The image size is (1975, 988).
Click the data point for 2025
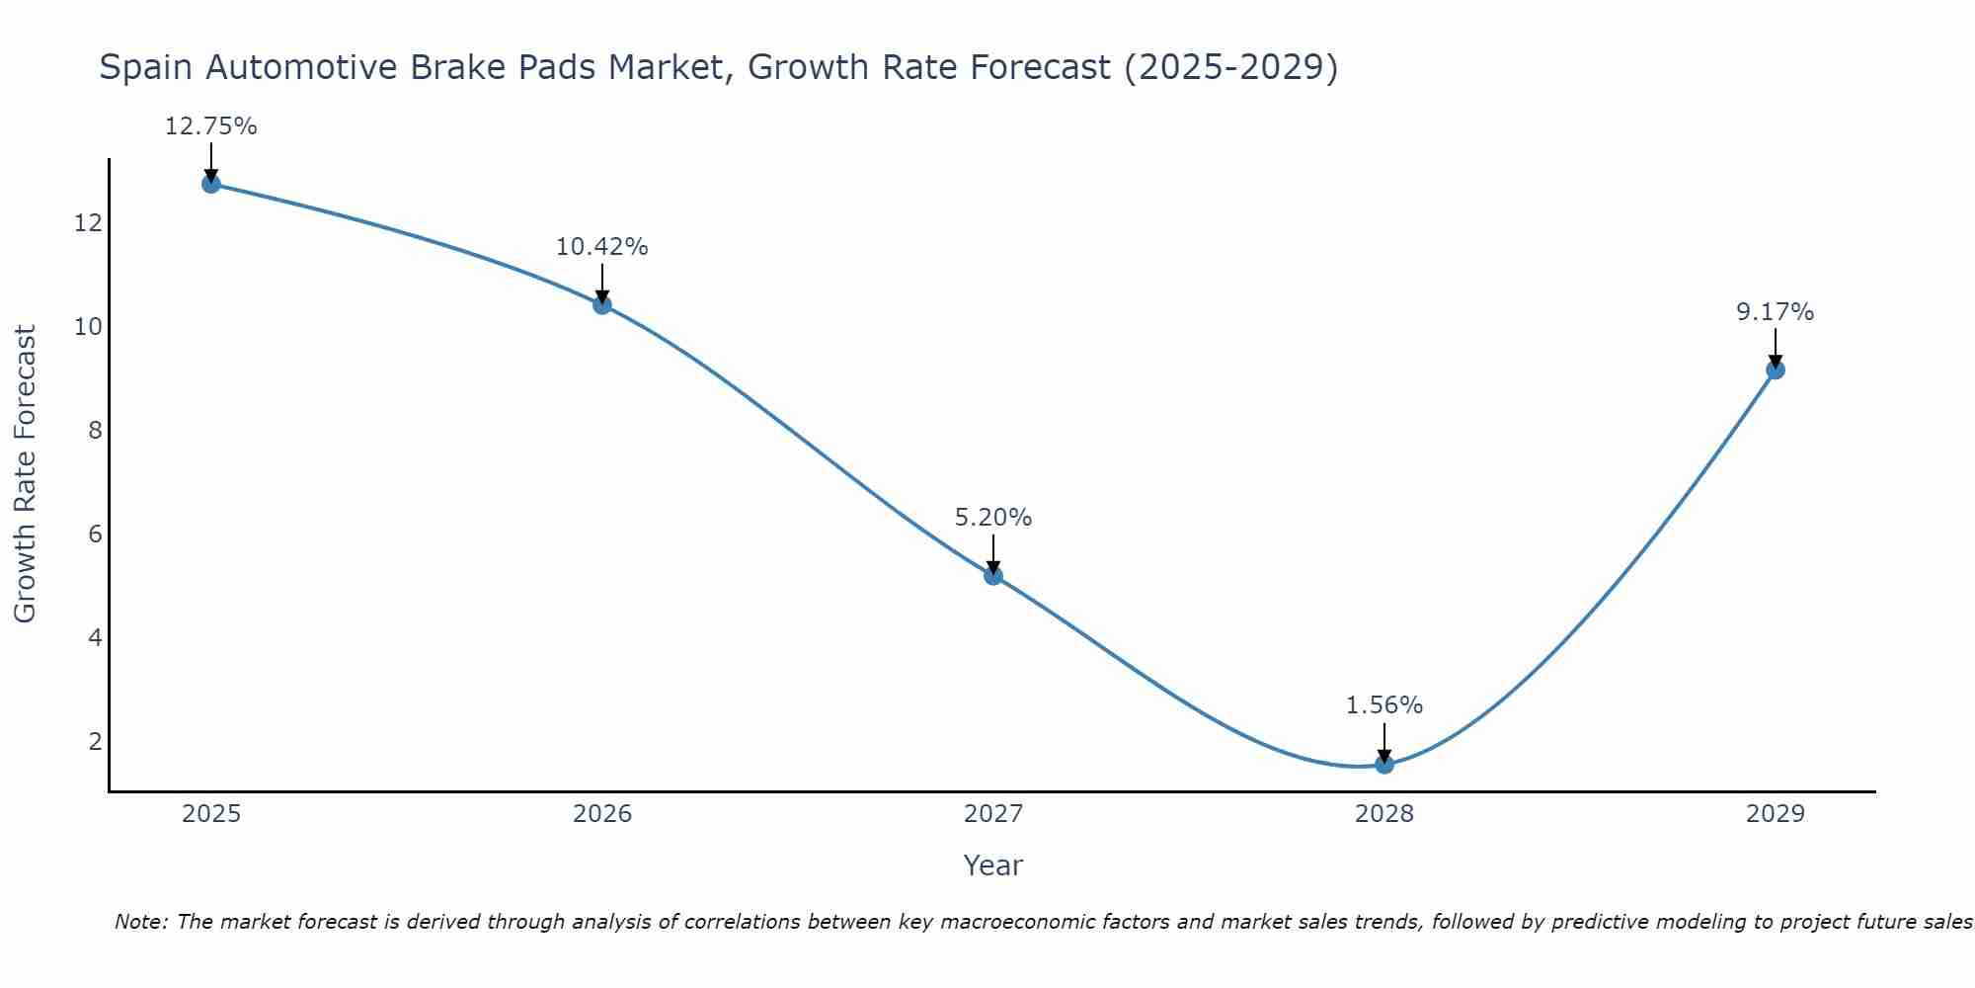point(210,184)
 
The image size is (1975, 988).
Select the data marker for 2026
point(601,304)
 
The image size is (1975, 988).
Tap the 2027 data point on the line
point(992,575)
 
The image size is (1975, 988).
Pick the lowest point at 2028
point(1383,764)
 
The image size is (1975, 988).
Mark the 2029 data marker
point(1775,370)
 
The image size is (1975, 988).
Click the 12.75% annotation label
point(210,126)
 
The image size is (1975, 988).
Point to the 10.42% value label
point(601,247)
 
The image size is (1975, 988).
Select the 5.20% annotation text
point(992,518)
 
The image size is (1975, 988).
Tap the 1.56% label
point(1383,705)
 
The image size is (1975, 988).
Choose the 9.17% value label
point(1775,312)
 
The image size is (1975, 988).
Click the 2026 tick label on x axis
point(601,814)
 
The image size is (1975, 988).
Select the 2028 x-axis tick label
point(1383,814)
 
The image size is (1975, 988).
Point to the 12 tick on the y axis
point(88,223)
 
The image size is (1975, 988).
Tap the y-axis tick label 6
point(95,535)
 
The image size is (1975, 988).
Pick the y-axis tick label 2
point(95,741)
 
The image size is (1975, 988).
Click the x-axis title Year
point(992,865)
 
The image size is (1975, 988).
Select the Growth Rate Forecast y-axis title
point(25,474)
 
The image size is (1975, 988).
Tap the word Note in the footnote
point(141,922)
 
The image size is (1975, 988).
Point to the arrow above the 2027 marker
point(992,553)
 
